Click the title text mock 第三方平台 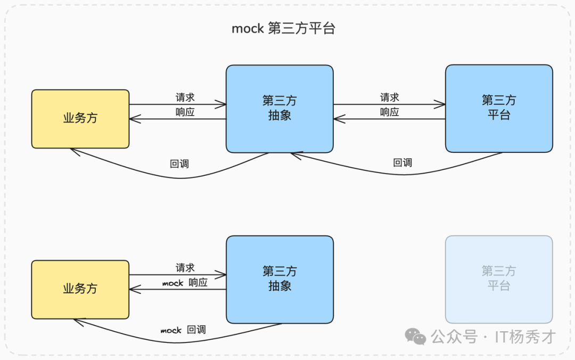(x=283, y=29)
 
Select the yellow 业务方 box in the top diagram (x=80, y=119)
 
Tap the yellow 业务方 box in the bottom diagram (x=80, y=289)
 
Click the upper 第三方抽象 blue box (x=280, y=109)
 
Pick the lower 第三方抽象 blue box (x=280, y=279)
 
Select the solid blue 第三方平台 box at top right (x=499, y=108)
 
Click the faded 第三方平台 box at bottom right (x=499, y=279)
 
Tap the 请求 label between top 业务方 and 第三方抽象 (x=185, y=97)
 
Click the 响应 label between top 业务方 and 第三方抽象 (x=185, y=112)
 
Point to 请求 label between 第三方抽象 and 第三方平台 (x=390, y=97)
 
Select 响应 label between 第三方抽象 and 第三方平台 (x=390, y=112)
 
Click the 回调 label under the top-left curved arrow (x=179, y=163)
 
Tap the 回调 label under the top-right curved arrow (x=402, y=163)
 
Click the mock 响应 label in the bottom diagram (x=185, y=283)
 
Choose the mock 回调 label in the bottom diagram (x=183, y=330)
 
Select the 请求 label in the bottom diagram (x=185, y=268)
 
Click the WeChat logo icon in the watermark (x=416, y=336)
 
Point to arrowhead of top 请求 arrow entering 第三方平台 (x=442, y=104)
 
